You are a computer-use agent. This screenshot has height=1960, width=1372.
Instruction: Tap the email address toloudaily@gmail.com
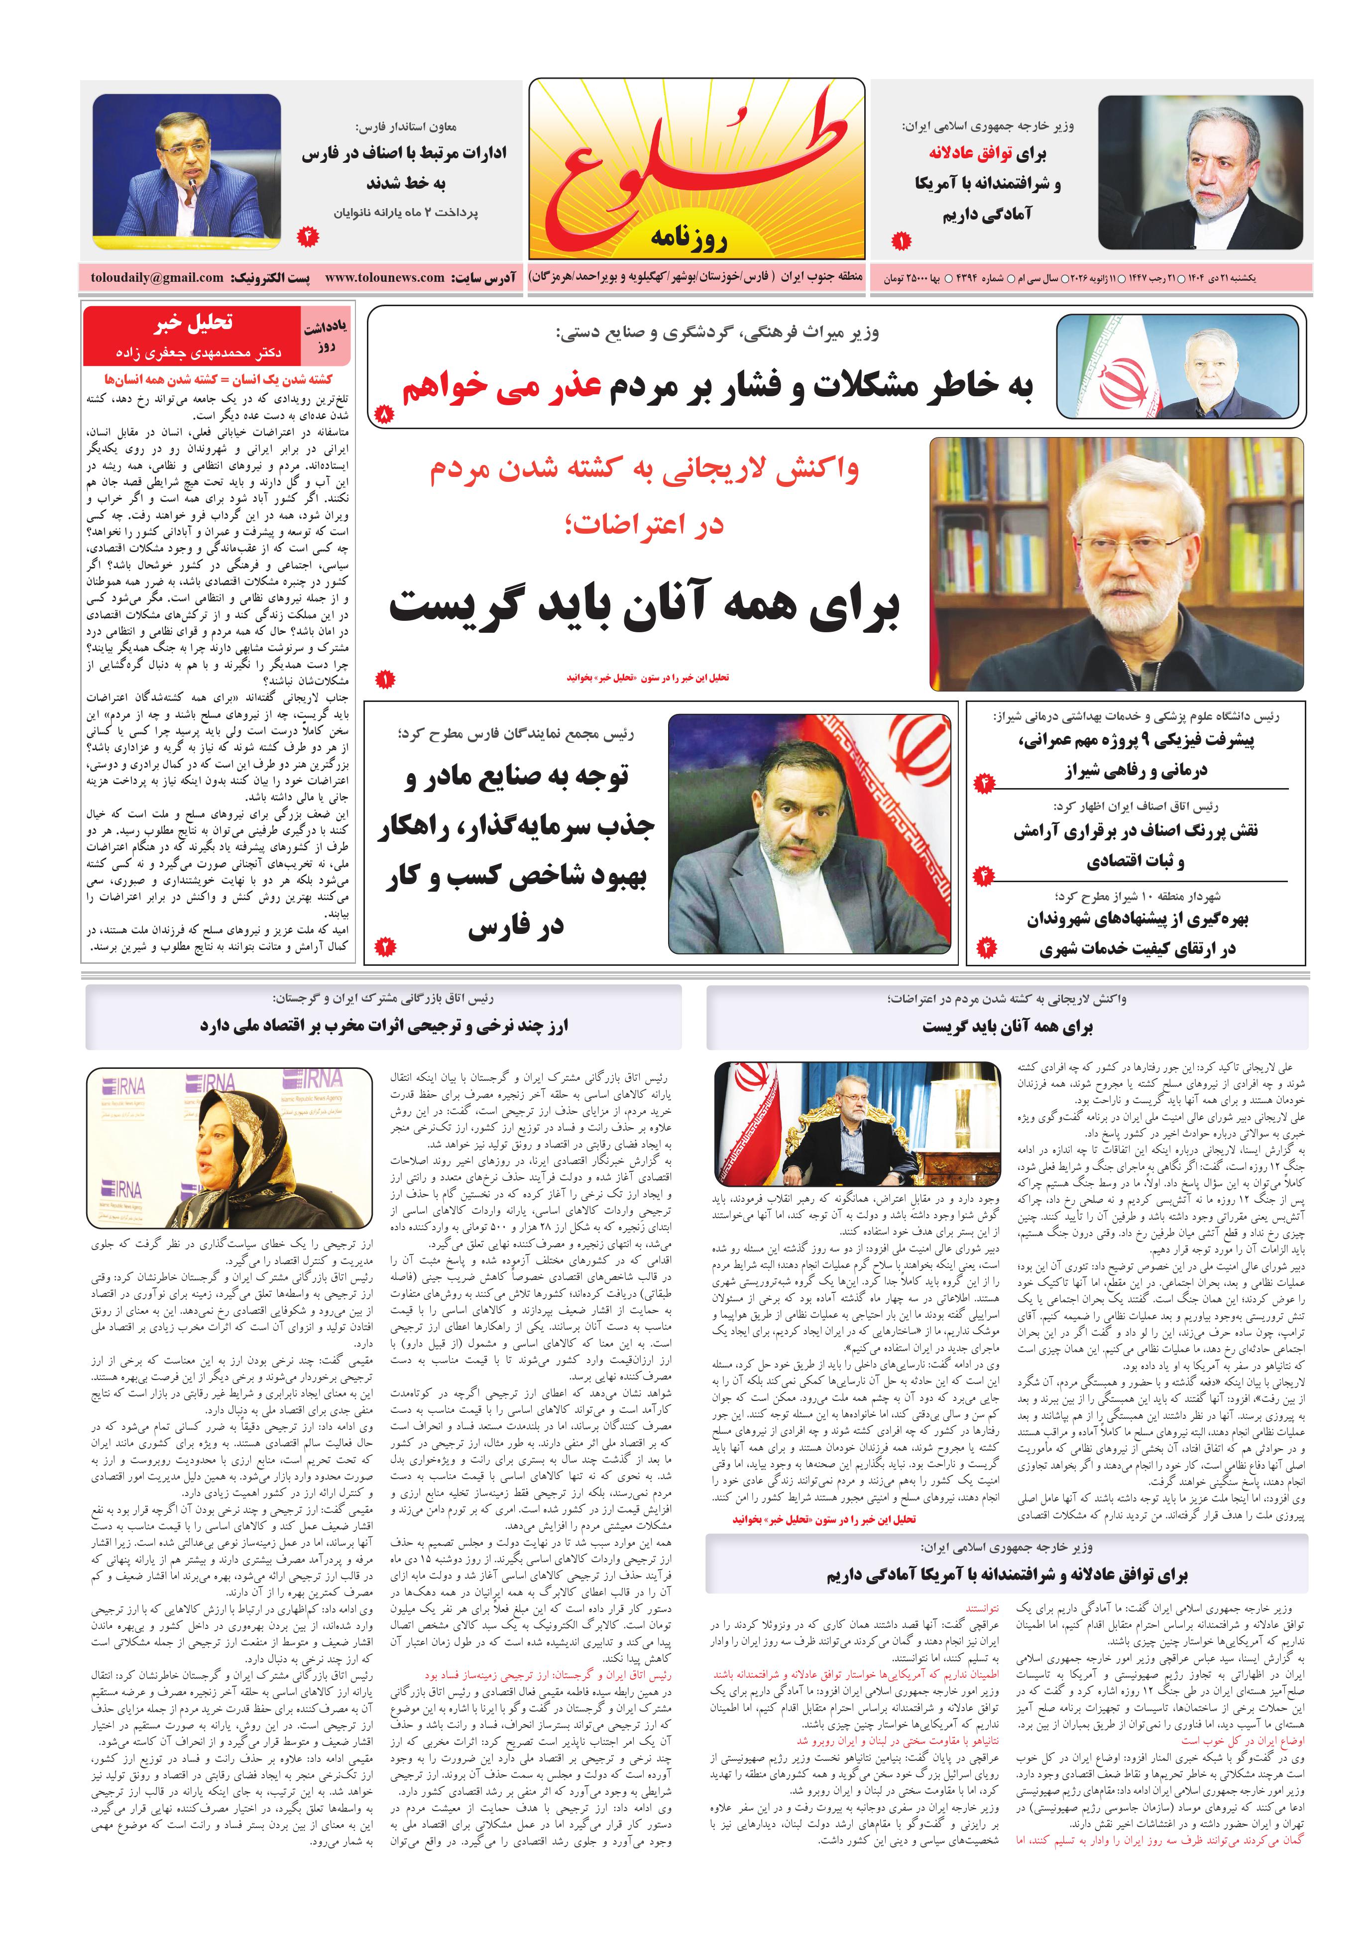(x=157, y=277)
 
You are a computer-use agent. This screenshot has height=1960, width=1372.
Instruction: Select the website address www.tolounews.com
(x=384, y=277)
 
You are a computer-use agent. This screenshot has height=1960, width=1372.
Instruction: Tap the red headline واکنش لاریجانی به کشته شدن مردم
(x=645, y=471)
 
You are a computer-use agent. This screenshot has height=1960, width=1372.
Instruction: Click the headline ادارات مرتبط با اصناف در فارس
(x=403, y=154)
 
